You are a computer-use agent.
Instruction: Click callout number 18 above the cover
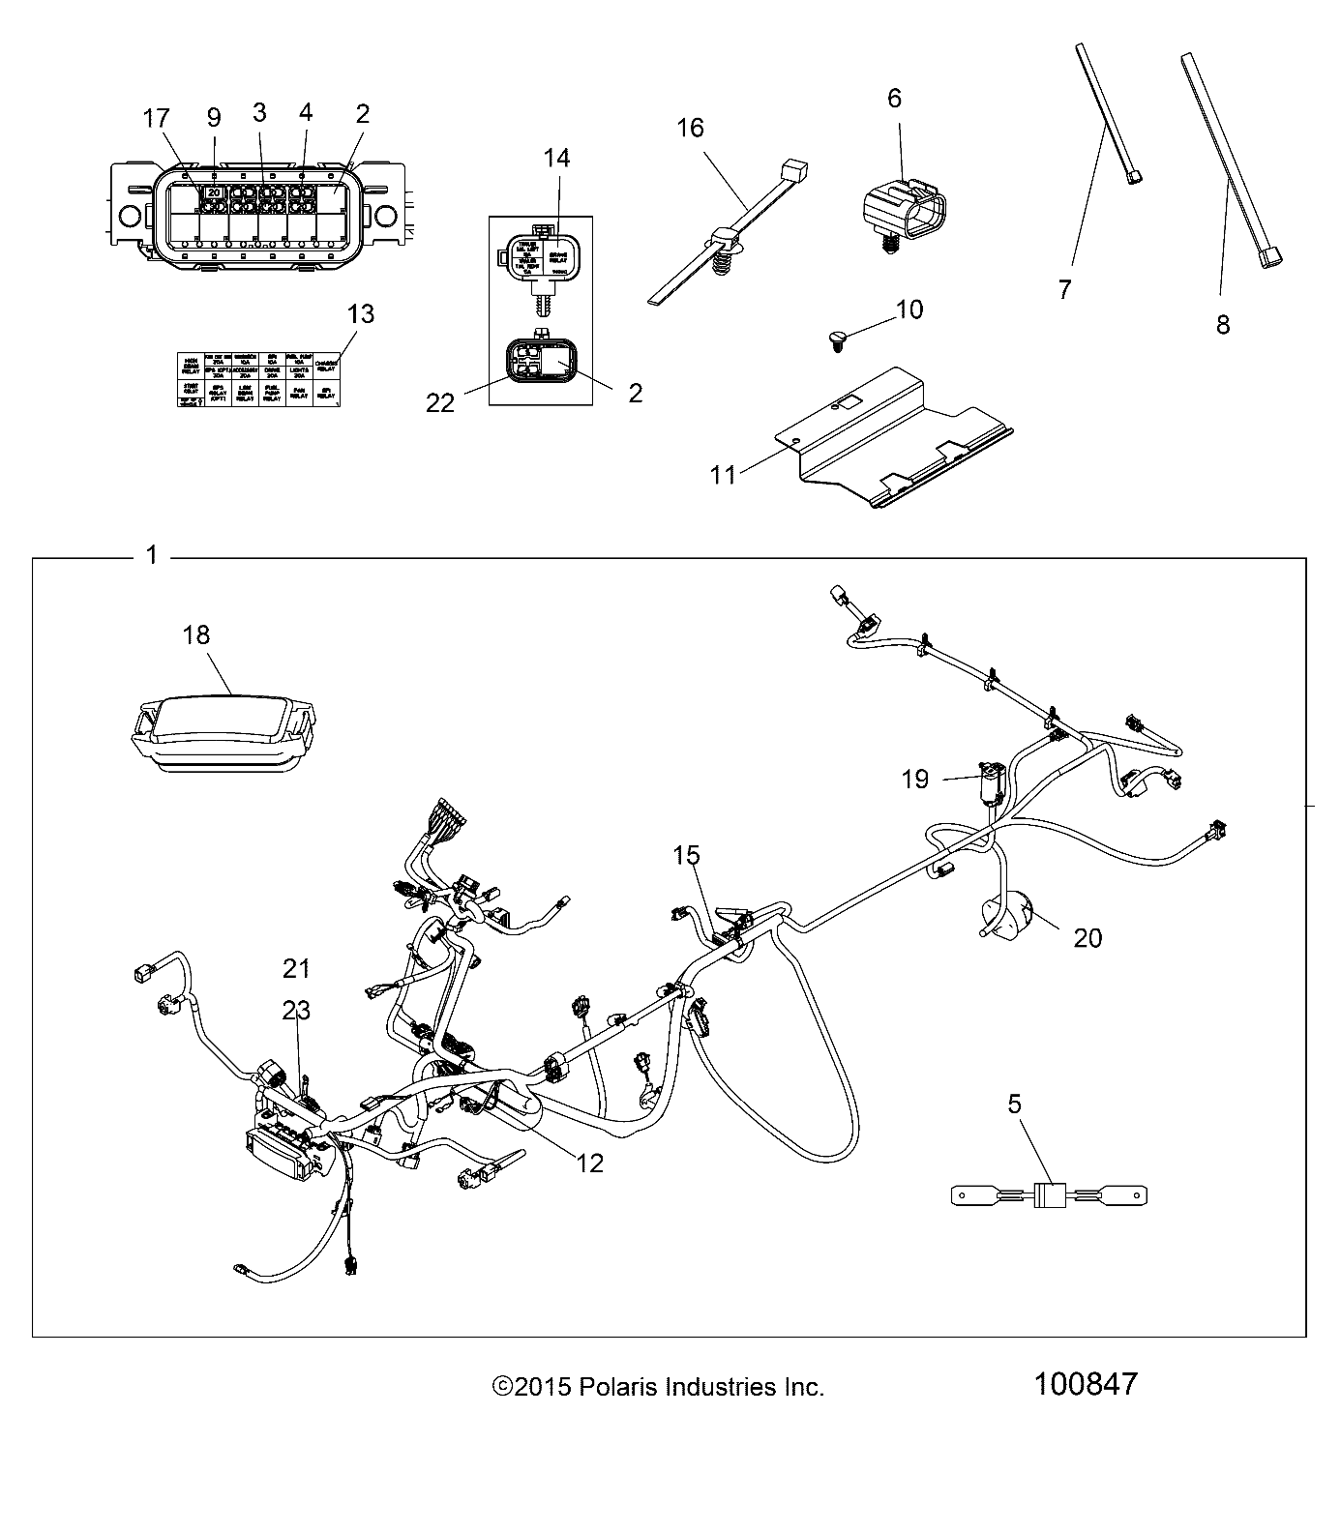point(195,634)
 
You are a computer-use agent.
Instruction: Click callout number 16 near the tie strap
point(690,128)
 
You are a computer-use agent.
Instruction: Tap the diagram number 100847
point(1087,1384)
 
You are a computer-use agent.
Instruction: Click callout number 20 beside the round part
point(1088,937)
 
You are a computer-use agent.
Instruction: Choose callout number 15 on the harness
point(687,855)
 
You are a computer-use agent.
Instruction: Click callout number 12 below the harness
point(589,1163)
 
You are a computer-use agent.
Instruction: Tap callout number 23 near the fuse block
point(296,1011)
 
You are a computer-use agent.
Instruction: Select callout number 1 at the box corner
point(151,555)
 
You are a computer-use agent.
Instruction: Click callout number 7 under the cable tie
point(1064,288)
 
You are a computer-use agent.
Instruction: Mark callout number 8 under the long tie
point(1223,325)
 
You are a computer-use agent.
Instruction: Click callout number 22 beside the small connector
point(440,402)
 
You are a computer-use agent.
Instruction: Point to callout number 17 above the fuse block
point(156,119)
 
